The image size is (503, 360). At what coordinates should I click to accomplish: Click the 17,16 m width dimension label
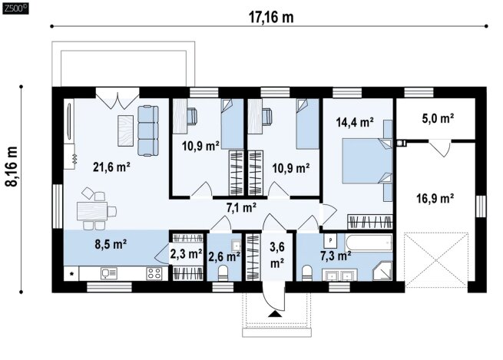(x=271, y=18)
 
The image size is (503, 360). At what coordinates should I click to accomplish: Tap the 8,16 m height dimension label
(x=12, y=166)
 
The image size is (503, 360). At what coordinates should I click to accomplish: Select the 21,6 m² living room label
(x=111, y=167)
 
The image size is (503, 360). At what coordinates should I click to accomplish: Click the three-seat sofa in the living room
(x=148, y=130)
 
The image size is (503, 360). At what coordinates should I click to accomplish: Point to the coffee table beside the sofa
(x=125, y=130)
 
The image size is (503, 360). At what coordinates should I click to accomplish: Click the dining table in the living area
(x=92, y=211)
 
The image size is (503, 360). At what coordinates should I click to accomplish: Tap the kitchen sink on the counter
(x=109, y=273)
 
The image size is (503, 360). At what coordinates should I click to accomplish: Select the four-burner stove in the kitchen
(x=154, y=273)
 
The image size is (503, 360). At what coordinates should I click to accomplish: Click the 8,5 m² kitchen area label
(x=111, y=244)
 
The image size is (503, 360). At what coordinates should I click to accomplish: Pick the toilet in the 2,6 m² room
(x=223, y=273)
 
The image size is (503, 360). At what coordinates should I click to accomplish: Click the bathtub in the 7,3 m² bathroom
(x=369, y=243)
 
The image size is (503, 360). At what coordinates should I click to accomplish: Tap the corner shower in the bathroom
(x=382, y=271)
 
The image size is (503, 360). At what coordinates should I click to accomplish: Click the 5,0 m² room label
(x=438, y=119)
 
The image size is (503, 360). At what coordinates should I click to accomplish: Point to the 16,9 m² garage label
(x=435, y=199)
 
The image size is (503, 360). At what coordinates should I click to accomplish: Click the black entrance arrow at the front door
(x=275, y=314)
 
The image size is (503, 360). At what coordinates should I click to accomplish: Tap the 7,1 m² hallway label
(x=241, y=208)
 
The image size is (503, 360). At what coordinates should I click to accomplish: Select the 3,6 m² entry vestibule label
(x=277, y=255)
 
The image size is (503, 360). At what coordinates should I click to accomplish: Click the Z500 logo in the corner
(x=15, y=8)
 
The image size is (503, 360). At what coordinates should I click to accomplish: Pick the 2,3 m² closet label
(x=186, y=253)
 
